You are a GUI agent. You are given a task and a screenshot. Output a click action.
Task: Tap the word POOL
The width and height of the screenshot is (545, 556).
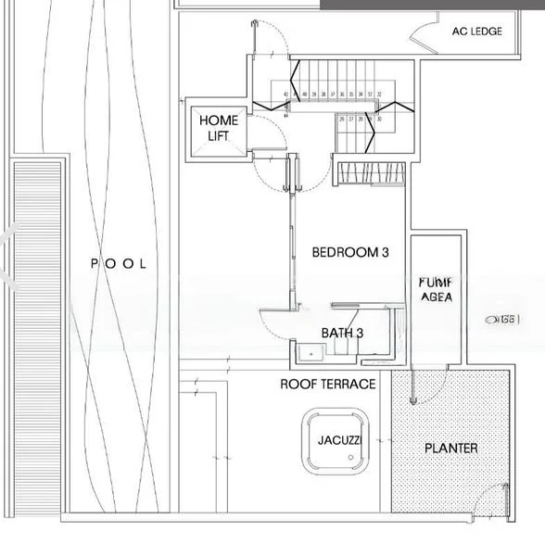pos(119,264)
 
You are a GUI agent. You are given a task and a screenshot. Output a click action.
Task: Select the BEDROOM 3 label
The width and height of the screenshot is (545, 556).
pos(349,252)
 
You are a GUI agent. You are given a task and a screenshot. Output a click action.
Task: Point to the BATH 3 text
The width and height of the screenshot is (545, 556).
pos(342,333)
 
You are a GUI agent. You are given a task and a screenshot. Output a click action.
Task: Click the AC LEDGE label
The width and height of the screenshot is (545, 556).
pos(476,32)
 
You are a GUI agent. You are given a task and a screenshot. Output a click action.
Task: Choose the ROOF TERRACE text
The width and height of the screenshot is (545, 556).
pos(328,384)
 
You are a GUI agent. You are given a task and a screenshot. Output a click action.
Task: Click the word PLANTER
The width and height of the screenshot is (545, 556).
pos(450,449)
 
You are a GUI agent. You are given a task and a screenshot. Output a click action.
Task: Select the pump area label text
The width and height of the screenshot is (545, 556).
pos(435,290)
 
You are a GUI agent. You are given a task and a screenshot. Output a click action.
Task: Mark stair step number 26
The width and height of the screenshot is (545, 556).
pos(342,119)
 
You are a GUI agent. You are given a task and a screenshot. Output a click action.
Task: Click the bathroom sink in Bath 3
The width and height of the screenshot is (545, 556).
pos(310,350)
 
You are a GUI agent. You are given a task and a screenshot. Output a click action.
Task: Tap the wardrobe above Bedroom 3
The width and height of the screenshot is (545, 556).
pos(370,173)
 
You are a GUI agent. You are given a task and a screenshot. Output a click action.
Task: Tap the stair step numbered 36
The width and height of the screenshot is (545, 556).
pos(341,95)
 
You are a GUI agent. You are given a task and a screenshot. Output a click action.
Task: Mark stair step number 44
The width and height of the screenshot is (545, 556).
pos(286,117)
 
